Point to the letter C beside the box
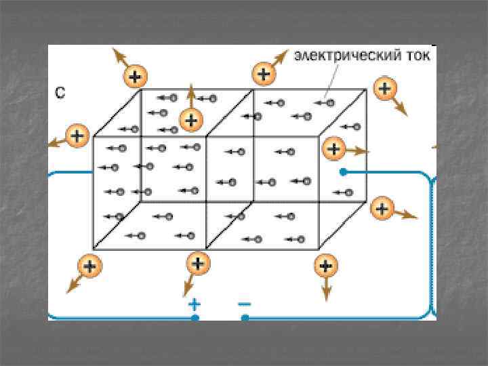coord(60,94)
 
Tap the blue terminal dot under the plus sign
coord(195,317)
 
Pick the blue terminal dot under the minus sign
coord(245,317)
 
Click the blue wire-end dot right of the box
coord(343,172)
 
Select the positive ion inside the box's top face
coord(192,121)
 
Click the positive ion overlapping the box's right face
coord(333,148)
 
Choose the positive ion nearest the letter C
coord(135,76)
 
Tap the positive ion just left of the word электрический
coord(263,73)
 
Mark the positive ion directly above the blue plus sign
coord(197,262)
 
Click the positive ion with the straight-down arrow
coord(326,265)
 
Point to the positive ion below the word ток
coord(385,88)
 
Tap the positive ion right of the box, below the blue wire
coord(382,209)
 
